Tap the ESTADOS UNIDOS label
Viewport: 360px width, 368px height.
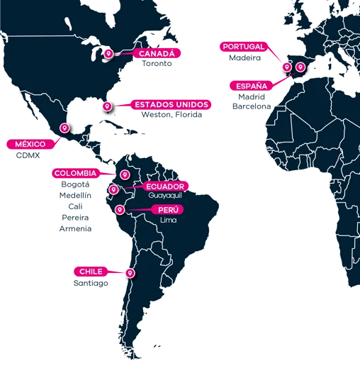[171, 105]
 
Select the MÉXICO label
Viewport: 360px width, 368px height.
[30, 144]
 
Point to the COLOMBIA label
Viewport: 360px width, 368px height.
[74, 173]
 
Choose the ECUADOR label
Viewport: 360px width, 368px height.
[167, 186]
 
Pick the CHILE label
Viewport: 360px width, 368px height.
[91, 272]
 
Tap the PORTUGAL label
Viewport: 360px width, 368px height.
[243, 47]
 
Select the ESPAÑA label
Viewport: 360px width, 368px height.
[252, 86]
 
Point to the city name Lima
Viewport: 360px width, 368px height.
[167, 220]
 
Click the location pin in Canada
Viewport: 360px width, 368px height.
[108, 53]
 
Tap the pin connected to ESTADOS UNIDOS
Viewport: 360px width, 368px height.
[107, 106]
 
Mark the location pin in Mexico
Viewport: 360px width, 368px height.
[64, 128]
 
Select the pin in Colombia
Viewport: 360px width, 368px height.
[124, 174]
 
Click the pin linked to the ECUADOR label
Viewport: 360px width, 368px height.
[113, 190]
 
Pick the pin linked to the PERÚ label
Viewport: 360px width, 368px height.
[120, 210]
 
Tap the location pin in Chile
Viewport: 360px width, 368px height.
[129, 273]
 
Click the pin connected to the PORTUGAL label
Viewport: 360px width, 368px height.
[287, 67]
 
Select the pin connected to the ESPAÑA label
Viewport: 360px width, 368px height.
[300, 69]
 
